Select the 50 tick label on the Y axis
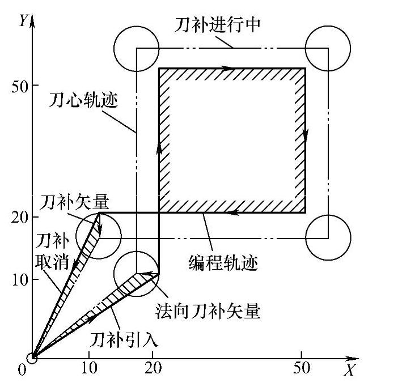click(19, 86)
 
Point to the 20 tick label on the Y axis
click(19, 217)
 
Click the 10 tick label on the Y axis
click(19, 279)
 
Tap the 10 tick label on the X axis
click(88, 368)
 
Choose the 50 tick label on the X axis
click(302, 368)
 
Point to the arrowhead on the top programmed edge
click(228, 69)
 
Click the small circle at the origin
click(32, 358)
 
